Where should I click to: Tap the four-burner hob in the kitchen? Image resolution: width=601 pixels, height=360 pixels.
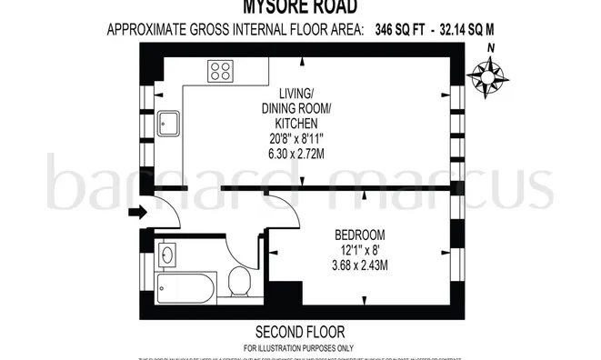pos(220,71)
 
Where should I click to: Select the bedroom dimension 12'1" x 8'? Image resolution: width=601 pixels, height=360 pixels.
pos(361,249)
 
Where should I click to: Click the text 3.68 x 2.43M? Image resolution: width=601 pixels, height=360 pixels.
pos(361,265)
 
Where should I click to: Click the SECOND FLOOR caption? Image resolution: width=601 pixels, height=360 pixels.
pos(299,330)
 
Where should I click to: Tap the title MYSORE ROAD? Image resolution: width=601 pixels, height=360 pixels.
pos(299,8)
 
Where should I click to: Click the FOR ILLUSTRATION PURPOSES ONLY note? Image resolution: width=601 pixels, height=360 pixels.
pos(299,347)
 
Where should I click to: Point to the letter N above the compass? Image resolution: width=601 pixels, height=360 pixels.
pos(491,49)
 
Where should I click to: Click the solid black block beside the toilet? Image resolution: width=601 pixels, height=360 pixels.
pos(287,295)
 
